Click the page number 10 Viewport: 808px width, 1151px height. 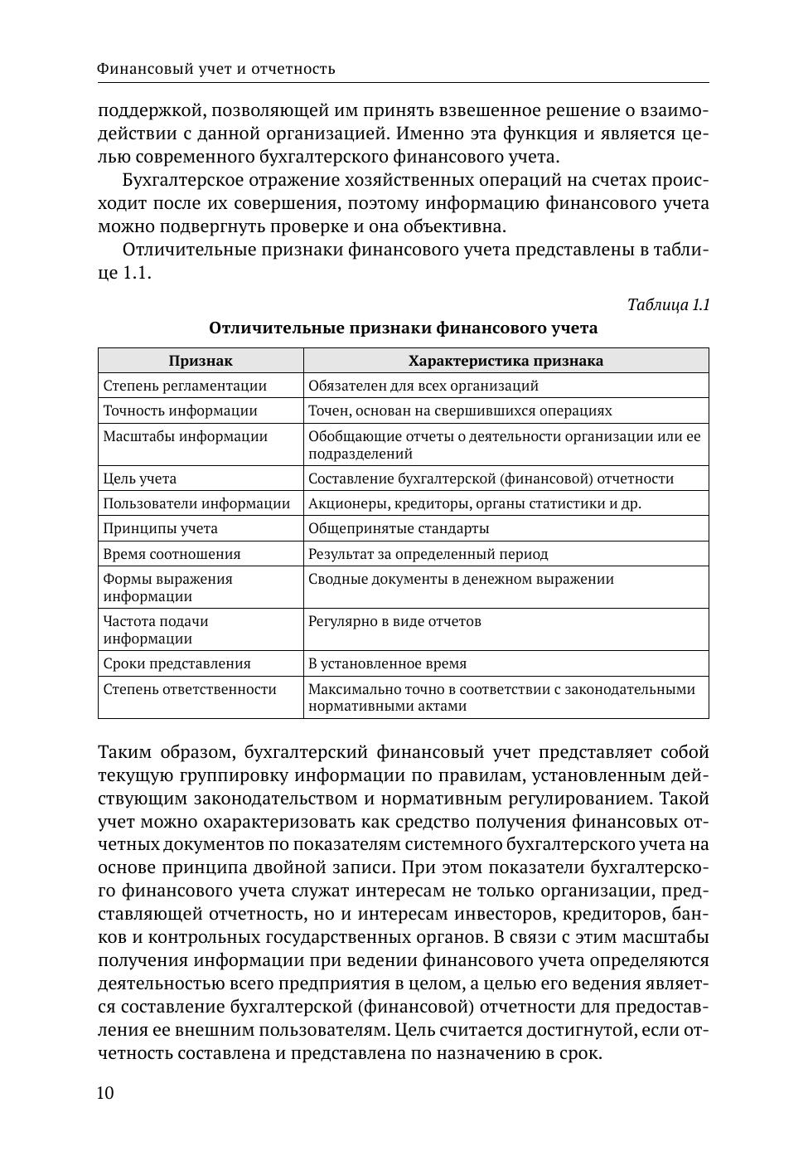click(105, 1093)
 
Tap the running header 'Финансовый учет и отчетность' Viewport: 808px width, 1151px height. click(215, 69)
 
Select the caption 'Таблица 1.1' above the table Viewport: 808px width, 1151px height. click(668, 304)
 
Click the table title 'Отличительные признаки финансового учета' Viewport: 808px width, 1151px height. click(403, 328)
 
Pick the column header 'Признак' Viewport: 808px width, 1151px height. click(201, 361)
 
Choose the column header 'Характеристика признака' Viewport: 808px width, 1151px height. click(506, 361)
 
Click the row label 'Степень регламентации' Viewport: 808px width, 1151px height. click(185, 386)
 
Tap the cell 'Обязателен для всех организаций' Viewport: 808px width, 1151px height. click(423, 386)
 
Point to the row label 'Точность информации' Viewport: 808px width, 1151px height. click(180, 410)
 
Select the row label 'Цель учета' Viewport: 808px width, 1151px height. click(139, 478)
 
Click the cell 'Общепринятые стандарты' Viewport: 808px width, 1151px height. click(399, 528)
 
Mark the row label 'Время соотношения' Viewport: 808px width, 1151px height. click(172, 554)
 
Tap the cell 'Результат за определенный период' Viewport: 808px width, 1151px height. click(428, 554)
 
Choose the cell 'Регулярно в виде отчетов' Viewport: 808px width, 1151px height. click(394, 621)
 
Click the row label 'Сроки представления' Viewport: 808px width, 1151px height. click(177, 663)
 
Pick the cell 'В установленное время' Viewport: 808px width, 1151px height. click(387, 663)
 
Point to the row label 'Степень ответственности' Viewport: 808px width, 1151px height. click(190, 689)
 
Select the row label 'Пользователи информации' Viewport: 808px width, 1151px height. click(196, 503)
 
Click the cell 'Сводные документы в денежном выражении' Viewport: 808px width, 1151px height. click(461, 579)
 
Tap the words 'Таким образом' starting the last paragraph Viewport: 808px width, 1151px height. click(166, 752)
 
